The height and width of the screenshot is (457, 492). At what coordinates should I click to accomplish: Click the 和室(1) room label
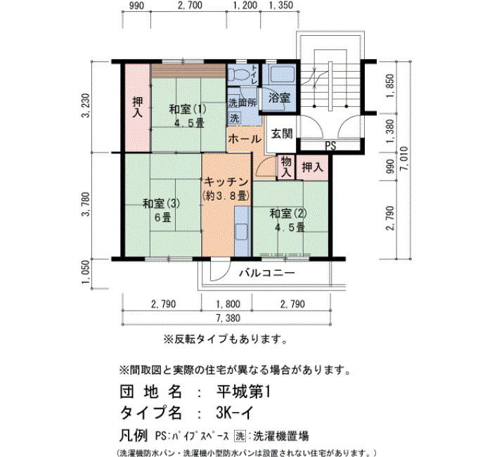188,110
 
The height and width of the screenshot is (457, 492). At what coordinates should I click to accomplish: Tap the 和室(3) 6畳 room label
162,210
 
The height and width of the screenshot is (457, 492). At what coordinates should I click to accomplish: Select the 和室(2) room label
288,214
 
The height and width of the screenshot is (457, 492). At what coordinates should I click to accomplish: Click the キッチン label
226,181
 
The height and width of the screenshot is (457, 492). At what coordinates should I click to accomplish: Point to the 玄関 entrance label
282,134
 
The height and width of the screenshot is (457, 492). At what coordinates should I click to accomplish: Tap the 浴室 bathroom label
279,98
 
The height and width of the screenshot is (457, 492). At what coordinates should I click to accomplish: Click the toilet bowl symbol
239,75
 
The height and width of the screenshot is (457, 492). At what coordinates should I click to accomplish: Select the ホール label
245,139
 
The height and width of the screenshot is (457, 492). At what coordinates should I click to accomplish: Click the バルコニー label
267,273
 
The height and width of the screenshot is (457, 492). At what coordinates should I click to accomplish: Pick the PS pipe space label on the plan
330,146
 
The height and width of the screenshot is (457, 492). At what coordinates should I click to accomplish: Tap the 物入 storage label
286,167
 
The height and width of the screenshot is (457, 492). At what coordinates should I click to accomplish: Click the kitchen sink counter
242,231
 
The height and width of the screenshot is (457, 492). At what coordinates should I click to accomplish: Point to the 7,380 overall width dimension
228,318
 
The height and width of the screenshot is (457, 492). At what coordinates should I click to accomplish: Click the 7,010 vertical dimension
404,158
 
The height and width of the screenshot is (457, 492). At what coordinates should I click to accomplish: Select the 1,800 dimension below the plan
228,304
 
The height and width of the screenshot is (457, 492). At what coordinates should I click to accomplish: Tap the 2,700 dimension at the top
190,6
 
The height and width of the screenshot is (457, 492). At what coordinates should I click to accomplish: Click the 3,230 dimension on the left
86,105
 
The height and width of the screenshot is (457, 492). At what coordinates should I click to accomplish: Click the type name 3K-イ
234,413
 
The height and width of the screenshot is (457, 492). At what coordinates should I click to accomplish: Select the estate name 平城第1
243,392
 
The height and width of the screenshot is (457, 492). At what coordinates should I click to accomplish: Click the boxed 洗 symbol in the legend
240,436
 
